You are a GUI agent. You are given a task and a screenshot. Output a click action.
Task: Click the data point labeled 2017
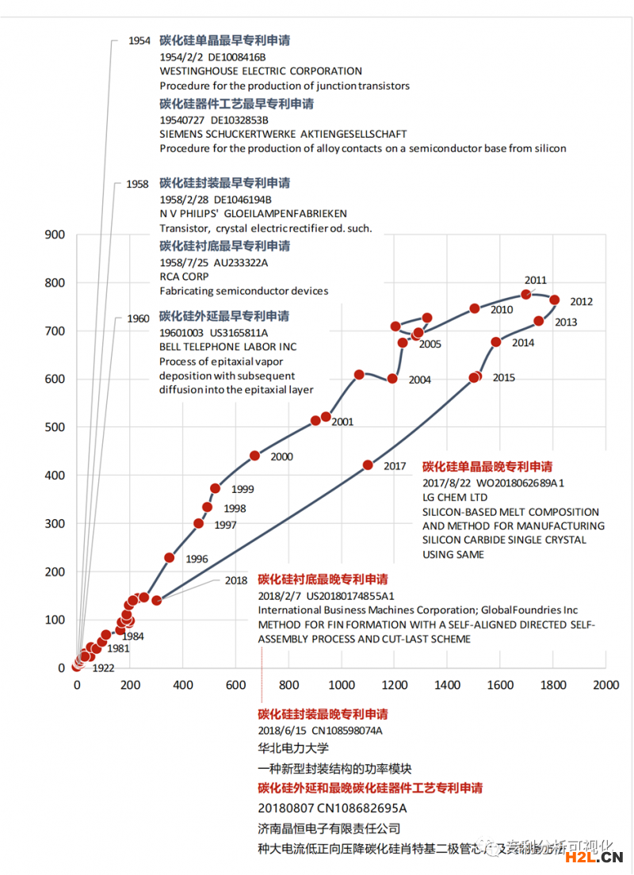pyautogui.click(x=368, y=465)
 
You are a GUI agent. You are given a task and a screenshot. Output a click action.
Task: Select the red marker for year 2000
pyautogui.click(x=255, y=456)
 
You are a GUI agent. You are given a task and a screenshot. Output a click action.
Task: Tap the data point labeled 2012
pyautogui.click(x=555, y=300)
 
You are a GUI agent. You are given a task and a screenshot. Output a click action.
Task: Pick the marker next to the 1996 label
pyautogui.click(x=170, y=558)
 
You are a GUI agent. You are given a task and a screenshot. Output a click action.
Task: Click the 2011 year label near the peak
pyautogui.click(x=536, y=281)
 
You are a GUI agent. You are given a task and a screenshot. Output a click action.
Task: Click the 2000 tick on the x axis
pyautogui.click(x=606, y=685)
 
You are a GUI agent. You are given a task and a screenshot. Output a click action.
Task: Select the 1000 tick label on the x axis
pyautogui.click(x=342, y=685)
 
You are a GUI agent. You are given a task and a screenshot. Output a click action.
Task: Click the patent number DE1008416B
pyautogui.click(x=237, y=58)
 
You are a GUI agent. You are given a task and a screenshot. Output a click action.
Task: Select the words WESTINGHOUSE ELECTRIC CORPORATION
pyautogui.click(x=261, y=71)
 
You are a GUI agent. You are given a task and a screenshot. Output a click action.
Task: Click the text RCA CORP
pyautogui.click(x=184, y=277)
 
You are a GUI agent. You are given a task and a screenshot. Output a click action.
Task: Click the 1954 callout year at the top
pyautogui.click(x=139, y=40)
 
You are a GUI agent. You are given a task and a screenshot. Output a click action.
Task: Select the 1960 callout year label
pyautogui.click(x=138, y=319)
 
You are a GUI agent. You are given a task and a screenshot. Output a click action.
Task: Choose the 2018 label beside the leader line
pyautogui.click(x=236, y=580)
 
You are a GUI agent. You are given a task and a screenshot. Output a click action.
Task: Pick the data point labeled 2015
pyautogui.click(x=475, y=377)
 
